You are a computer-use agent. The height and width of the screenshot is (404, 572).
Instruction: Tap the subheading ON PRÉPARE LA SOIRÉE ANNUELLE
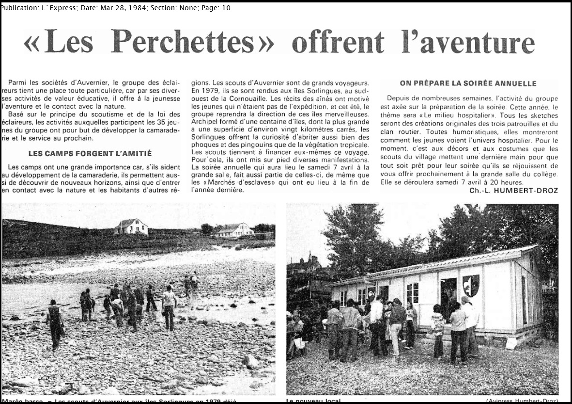coord(468,83)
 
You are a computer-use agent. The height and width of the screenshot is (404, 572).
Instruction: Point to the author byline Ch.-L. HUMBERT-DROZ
coord(513,191)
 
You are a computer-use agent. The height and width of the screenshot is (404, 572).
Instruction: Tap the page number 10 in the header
coord(226,8)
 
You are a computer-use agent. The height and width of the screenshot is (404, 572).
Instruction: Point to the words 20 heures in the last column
coord(507,182)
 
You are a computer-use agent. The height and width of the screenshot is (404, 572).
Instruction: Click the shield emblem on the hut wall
coord(470,285)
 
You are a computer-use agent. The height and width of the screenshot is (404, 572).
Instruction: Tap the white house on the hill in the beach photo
coord(131,226)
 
